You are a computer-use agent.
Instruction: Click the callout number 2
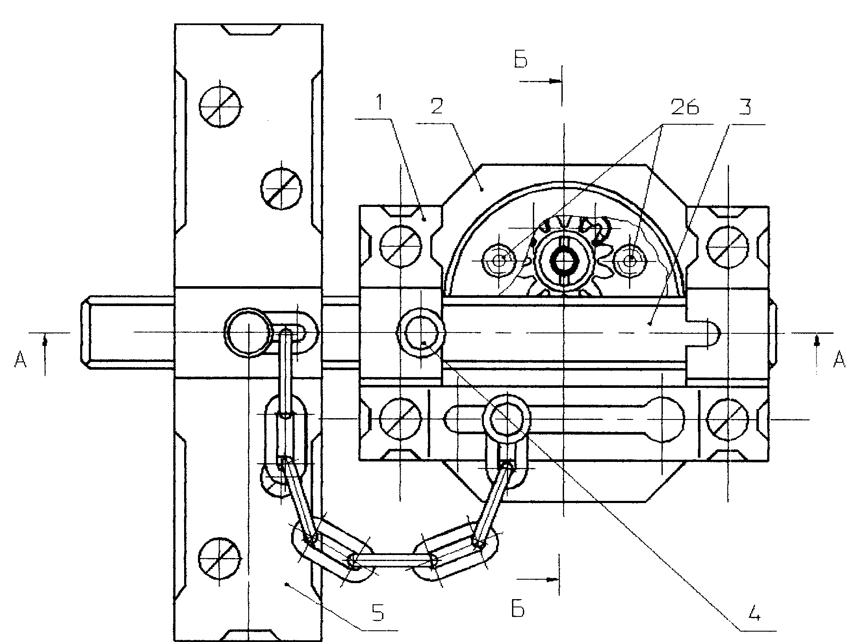pyautogui.click(x=437, y=106)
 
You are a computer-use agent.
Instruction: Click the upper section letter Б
pyautogui.click(x=521, y=60)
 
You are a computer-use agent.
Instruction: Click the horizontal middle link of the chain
pyautogui.click(x=394, y=561)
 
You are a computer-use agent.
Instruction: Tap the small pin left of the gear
pyautogui.click(x=499, y=260)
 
